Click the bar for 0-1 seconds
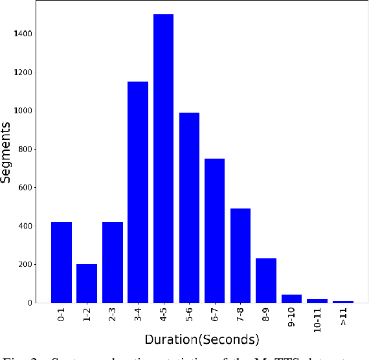pos(61,262)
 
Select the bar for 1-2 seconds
pos(87,283)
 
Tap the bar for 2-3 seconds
pos(113,262)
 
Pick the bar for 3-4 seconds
pos(138,192)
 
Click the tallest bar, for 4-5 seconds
pos(164,159)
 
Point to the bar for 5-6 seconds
pos(189,207)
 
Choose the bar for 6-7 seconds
pos(215,231)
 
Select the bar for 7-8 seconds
pos(240,255)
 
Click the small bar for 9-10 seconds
pos(292,298)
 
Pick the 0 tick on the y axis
pos(40,303)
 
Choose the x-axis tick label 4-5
pos(164,317)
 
